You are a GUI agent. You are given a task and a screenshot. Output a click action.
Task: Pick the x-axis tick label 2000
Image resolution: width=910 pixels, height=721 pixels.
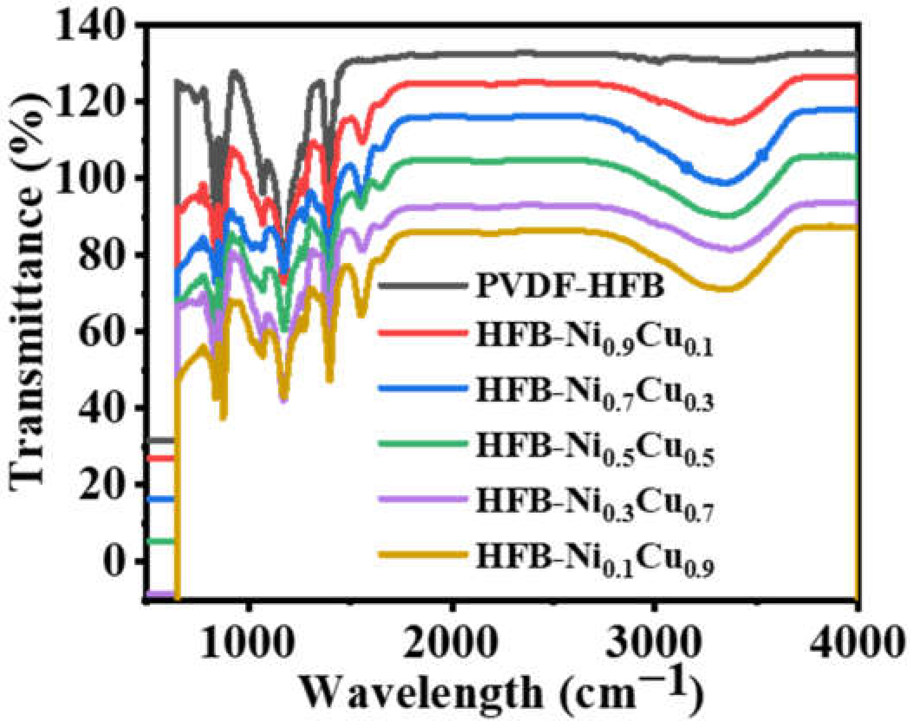pyautogui.click(x=451, y=642)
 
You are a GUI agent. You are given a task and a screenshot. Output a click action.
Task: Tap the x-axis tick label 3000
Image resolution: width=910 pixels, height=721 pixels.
pyautogui.click(x=653, y=642)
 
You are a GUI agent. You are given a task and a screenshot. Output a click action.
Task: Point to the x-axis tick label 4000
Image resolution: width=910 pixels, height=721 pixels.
pyautogui.click(x=856, y=642)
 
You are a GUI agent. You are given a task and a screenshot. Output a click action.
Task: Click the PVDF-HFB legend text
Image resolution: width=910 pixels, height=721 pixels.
pyautogui.click(x=570, y=286)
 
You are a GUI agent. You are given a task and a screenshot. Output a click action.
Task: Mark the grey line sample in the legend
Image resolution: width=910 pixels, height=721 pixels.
pyautogui.click(x=422, y=286)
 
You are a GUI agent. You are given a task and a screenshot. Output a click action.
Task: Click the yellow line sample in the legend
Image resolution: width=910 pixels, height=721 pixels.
pyautogui.click(x=422, y=555)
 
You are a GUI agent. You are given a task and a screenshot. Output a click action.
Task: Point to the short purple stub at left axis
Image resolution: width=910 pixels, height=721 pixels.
pyautogui.click(x=160, y=594)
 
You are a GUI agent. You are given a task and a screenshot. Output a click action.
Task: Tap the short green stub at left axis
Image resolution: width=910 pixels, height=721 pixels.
pyautogui.click(x=160, y=541)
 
